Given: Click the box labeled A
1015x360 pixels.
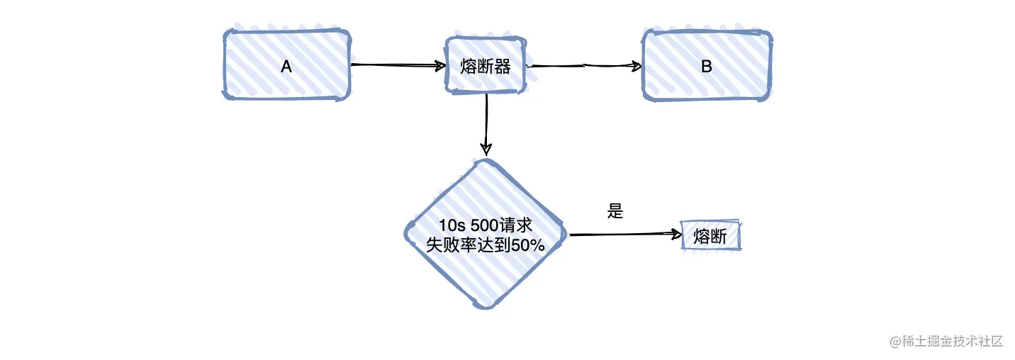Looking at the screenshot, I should point(286,65).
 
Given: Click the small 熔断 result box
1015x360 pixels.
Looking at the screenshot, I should point(710,236).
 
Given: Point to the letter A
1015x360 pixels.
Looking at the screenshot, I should point(286,66).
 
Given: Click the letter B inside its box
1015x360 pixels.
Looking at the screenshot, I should point(706,67).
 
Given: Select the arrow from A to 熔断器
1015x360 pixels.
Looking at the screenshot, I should point(397,65).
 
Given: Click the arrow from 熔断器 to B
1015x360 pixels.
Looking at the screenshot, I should point(585,66).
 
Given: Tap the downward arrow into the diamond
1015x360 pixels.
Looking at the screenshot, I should point(486,124).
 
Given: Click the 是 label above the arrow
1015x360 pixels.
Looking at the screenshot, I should point(615,211).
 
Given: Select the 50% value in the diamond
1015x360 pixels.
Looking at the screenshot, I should point(526,245).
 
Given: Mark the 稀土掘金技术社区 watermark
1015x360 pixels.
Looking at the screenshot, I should point(947,341).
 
